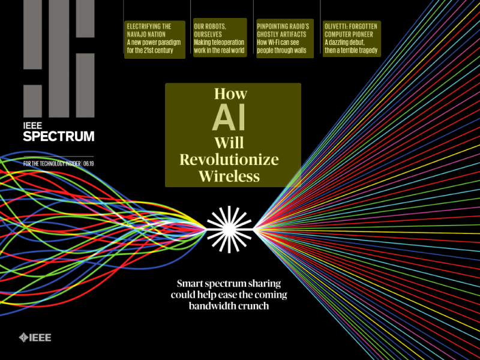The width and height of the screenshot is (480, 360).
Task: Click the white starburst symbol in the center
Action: click(230, 228)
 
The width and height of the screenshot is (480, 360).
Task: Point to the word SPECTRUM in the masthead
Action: click(58, 136)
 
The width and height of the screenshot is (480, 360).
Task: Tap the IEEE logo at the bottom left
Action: click(35, 337)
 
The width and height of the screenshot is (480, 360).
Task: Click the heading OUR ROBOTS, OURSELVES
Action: click(210, 30)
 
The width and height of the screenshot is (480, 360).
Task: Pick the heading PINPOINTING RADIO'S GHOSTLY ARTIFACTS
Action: click(283, 30)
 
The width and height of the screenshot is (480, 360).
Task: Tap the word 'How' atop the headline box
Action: click(230, 94)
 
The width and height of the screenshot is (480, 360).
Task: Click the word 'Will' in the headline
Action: click(230, 143)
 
